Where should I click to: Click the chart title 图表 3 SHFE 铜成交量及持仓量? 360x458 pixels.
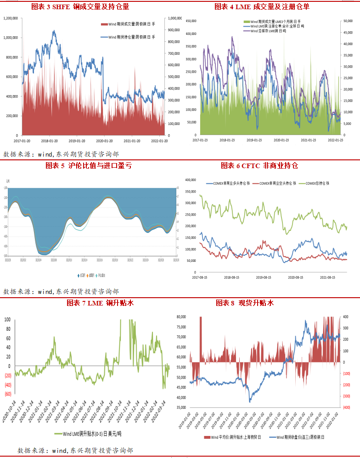[80, 7]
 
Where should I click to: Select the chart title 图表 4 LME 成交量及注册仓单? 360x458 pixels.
[262, 7]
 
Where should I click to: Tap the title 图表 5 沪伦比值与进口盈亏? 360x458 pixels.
[88, 165]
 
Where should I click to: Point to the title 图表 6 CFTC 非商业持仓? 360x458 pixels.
[259, 165]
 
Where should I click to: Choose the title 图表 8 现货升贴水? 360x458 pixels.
[244, 303]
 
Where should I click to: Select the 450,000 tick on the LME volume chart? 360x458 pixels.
[191, 21]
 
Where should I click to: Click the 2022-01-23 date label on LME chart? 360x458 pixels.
[335, 140]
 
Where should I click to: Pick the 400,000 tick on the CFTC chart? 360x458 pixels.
[190, 180]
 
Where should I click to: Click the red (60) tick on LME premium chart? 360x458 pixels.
[8, 394]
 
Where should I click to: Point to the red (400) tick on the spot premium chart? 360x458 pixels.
[346, 407]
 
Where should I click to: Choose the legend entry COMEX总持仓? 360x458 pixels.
[316, 183]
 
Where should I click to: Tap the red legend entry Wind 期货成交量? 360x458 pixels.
[130, 24]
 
